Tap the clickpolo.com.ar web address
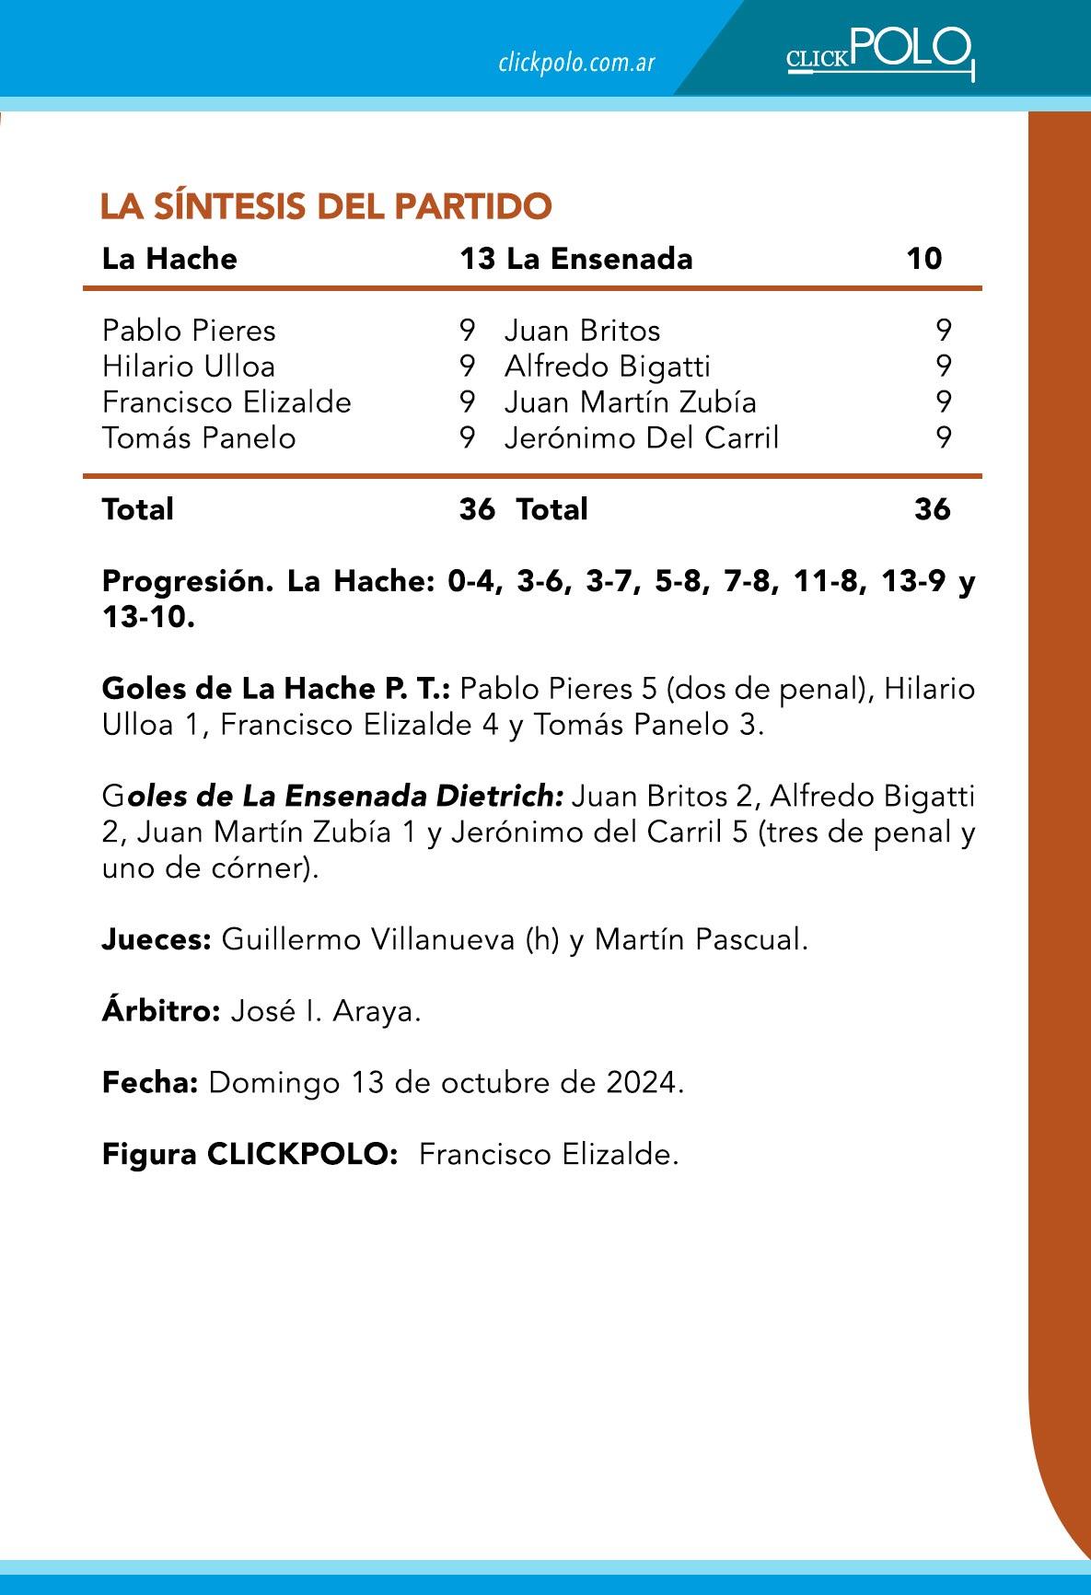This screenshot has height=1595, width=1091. click(x=576, y=63)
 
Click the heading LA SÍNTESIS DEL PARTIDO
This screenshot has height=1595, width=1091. click(x=326, y=206)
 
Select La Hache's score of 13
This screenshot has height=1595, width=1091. click(x=477, y=259)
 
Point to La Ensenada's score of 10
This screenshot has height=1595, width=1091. click(x=923, y=259)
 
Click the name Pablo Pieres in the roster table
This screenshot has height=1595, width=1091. click(x=189, y=331)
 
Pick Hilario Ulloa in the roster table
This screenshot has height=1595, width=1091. click(x=189, y=367)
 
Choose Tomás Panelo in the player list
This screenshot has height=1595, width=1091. click(x=199, y=437)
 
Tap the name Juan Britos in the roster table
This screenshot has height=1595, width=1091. click(x=582, y=331)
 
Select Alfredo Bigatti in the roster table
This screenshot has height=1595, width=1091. click(x=608, y=367)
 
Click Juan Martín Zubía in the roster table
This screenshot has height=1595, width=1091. click(x=631, y=402)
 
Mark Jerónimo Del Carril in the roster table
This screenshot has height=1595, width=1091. click(x=642, y=437)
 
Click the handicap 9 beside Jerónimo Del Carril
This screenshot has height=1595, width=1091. click(x=943, y=437)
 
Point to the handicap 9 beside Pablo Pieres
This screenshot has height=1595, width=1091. click(x=467, y=331)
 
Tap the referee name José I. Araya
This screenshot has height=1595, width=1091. click(x=325, y=1012)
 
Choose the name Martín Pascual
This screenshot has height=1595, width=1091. click(x=701, y=940)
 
